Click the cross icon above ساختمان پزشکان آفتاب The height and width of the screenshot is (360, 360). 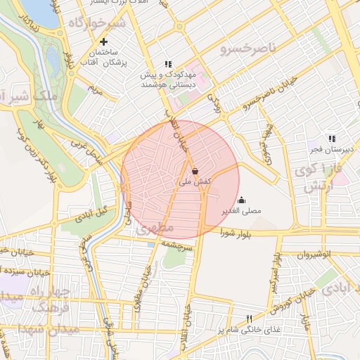(x=104, y=41)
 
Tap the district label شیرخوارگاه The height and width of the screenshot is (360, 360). (x=96, y=23)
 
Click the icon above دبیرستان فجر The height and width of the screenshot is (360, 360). (x=331, y=139)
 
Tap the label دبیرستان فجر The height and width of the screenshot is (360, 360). (x=334, y=149)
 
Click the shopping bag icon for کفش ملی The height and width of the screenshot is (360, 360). (x=195, y=171)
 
